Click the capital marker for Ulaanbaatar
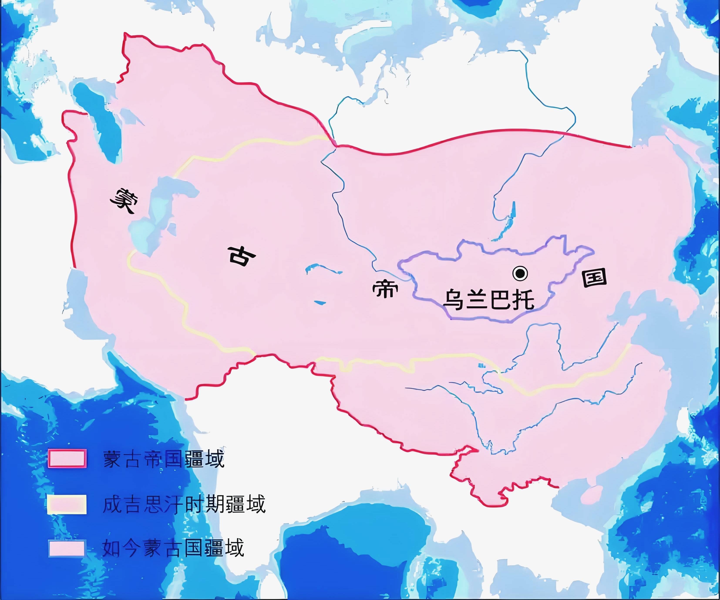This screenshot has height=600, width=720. pyautogui.click(x=520, y=273)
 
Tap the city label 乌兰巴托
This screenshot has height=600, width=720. pyautogui.click(x=489, y=300)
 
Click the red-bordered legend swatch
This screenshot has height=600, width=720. pyautogui.click(x=67, y=458)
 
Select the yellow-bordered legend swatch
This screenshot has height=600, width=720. pyautogui.click(x=67, y=504)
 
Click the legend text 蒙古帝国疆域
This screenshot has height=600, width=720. pyautogui.click(x=164, y=459)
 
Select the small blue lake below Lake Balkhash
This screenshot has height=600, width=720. pyautogui.click(x=320, y=302)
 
